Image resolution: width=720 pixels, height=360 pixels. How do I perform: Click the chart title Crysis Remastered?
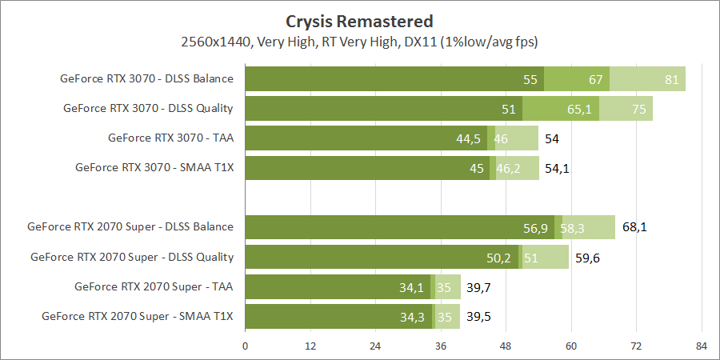point(359,21)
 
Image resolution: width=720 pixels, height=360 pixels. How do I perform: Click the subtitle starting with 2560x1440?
point(359,40)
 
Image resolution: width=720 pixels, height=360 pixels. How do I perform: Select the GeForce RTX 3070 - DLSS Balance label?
point(146,78)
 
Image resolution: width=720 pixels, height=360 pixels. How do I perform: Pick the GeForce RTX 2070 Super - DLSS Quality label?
point(131,257)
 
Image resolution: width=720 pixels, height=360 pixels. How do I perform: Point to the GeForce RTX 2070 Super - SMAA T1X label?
point(137,316)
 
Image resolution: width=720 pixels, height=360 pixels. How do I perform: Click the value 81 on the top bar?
point(671,79)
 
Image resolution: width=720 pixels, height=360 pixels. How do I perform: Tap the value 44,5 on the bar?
point(468,138)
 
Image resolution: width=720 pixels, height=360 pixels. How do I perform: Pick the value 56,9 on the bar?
point(535,228)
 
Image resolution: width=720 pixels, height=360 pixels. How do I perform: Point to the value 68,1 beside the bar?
point(634,227)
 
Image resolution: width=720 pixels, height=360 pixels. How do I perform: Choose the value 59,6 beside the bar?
point(587,257)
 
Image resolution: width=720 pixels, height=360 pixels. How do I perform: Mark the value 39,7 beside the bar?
point(478,286)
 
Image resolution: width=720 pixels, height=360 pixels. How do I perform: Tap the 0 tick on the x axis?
point(245,346)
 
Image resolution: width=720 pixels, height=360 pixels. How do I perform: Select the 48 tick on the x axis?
point(506,346)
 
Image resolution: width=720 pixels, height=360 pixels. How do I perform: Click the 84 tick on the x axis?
point(701,346)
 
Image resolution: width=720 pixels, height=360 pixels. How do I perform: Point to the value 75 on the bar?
point(638,109)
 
